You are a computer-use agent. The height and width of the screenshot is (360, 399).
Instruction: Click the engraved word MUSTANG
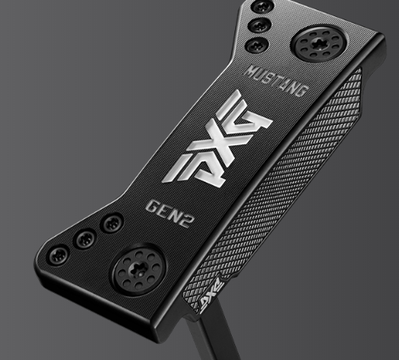click(x=276, y=82)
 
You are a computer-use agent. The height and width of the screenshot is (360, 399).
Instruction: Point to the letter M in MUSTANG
click(x=250, y=72)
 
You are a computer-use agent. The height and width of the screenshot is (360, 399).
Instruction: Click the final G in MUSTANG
click(x=301, y=90)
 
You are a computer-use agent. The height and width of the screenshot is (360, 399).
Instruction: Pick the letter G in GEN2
click(x=153, y=206)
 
